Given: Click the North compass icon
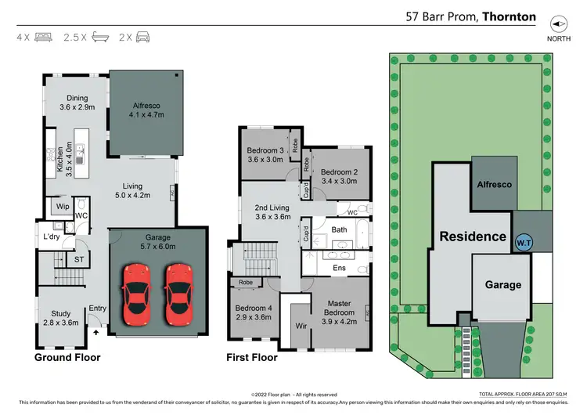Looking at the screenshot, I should (x=558, y=23).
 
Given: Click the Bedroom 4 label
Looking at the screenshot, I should (x=252, y=312).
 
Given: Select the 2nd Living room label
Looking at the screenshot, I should (x=272, y=211).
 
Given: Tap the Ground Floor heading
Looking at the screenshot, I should (x=67, y=357).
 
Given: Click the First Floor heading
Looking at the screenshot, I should (x=252, y=357).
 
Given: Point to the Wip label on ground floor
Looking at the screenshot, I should (x=62, y=207).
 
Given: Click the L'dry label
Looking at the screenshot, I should (x=52, y=236).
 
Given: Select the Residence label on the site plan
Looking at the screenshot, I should (x=472, y=236).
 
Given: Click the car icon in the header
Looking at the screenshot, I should (x=142, y=37).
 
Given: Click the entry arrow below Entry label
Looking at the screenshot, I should (x=97, y=332).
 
